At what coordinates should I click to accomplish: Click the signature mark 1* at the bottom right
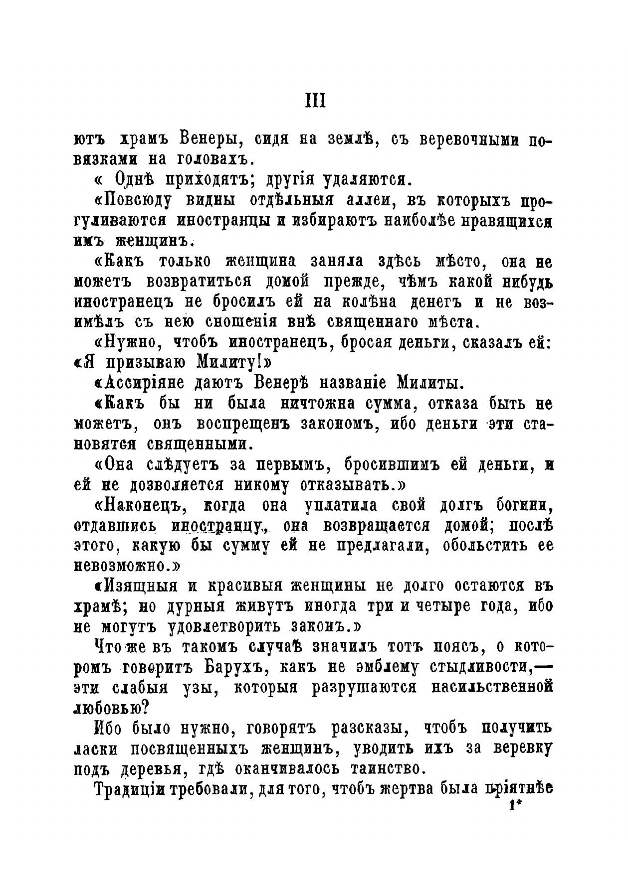click(x=514, y=805)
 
